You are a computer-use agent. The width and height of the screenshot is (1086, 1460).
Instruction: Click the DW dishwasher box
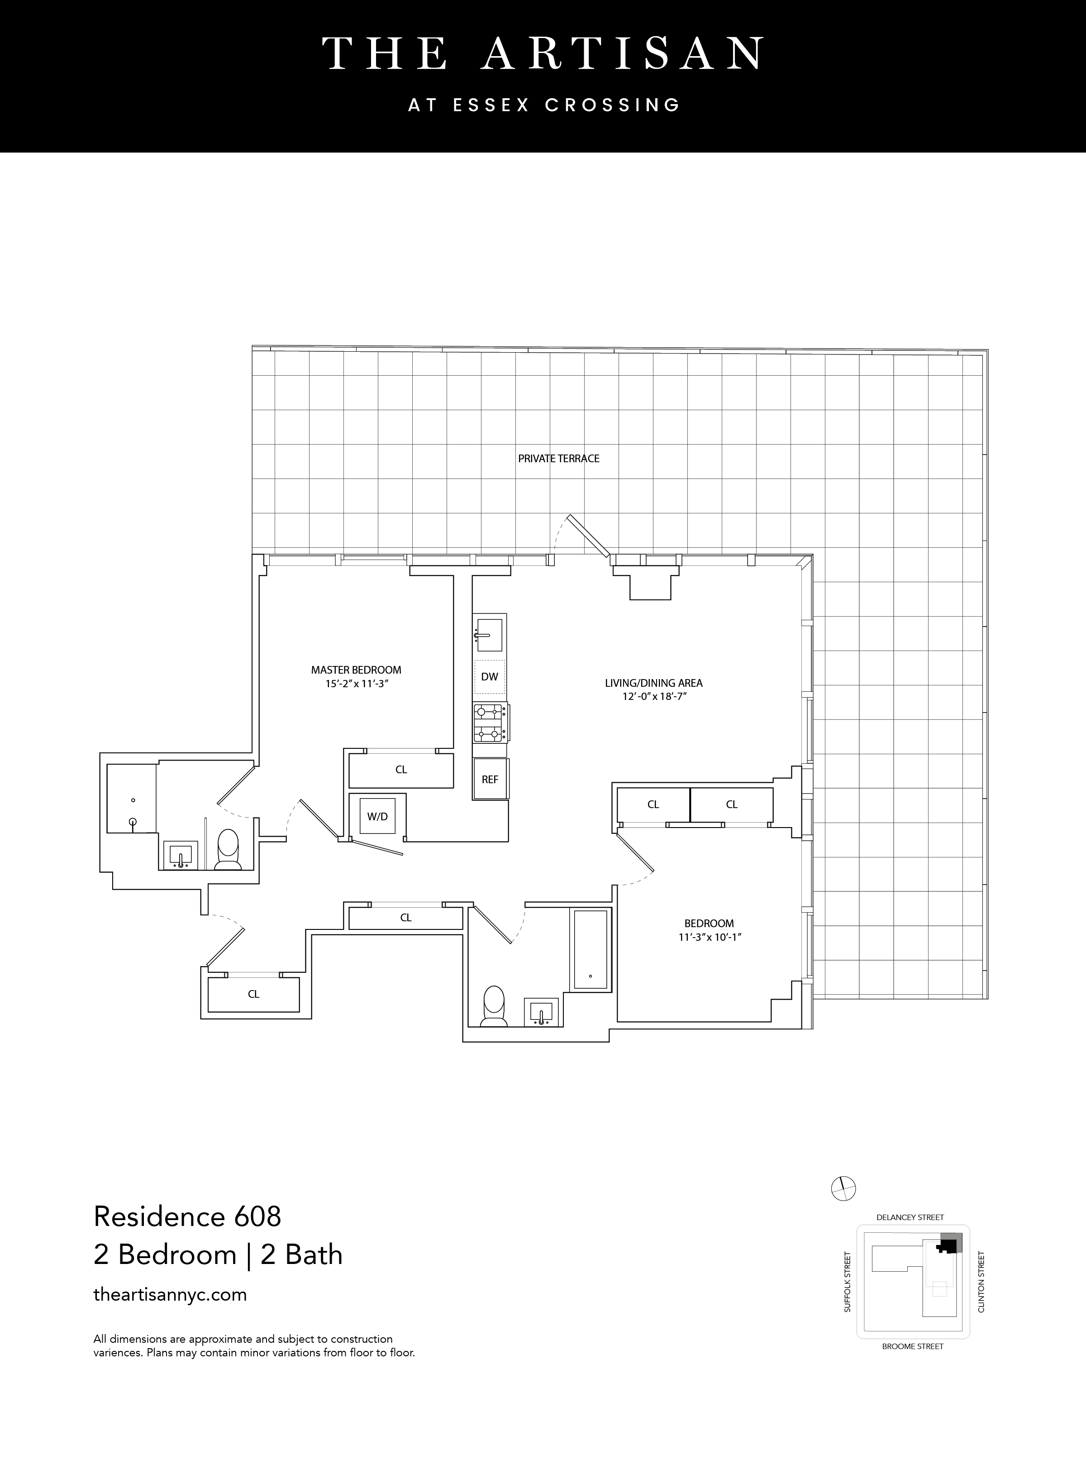coord(490,677)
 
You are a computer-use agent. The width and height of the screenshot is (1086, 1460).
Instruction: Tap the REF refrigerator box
coord(490,779)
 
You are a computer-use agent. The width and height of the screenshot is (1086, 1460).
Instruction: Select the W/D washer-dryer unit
coord(377,817)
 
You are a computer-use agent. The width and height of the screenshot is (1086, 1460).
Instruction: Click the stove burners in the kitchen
coord(490,722)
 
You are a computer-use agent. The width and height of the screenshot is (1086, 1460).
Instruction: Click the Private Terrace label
coord(559,459)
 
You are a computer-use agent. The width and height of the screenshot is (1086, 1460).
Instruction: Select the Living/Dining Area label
coord(653,683)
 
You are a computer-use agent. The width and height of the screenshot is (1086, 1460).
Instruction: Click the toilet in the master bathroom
coord(228,850)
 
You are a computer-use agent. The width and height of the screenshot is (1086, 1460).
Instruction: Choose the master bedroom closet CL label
coord(401,770)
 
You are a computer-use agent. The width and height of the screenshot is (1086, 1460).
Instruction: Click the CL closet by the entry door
coord(254,994)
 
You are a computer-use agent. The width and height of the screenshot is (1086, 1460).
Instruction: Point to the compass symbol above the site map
coord(843,1188)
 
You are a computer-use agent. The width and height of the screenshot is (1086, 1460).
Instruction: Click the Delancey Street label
coord(910,1217)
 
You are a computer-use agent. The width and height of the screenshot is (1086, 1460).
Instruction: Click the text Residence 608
coord(187,1217)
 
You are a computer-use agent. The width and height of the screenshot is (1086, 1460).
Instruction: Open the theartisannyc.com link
coord(170,1294)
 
